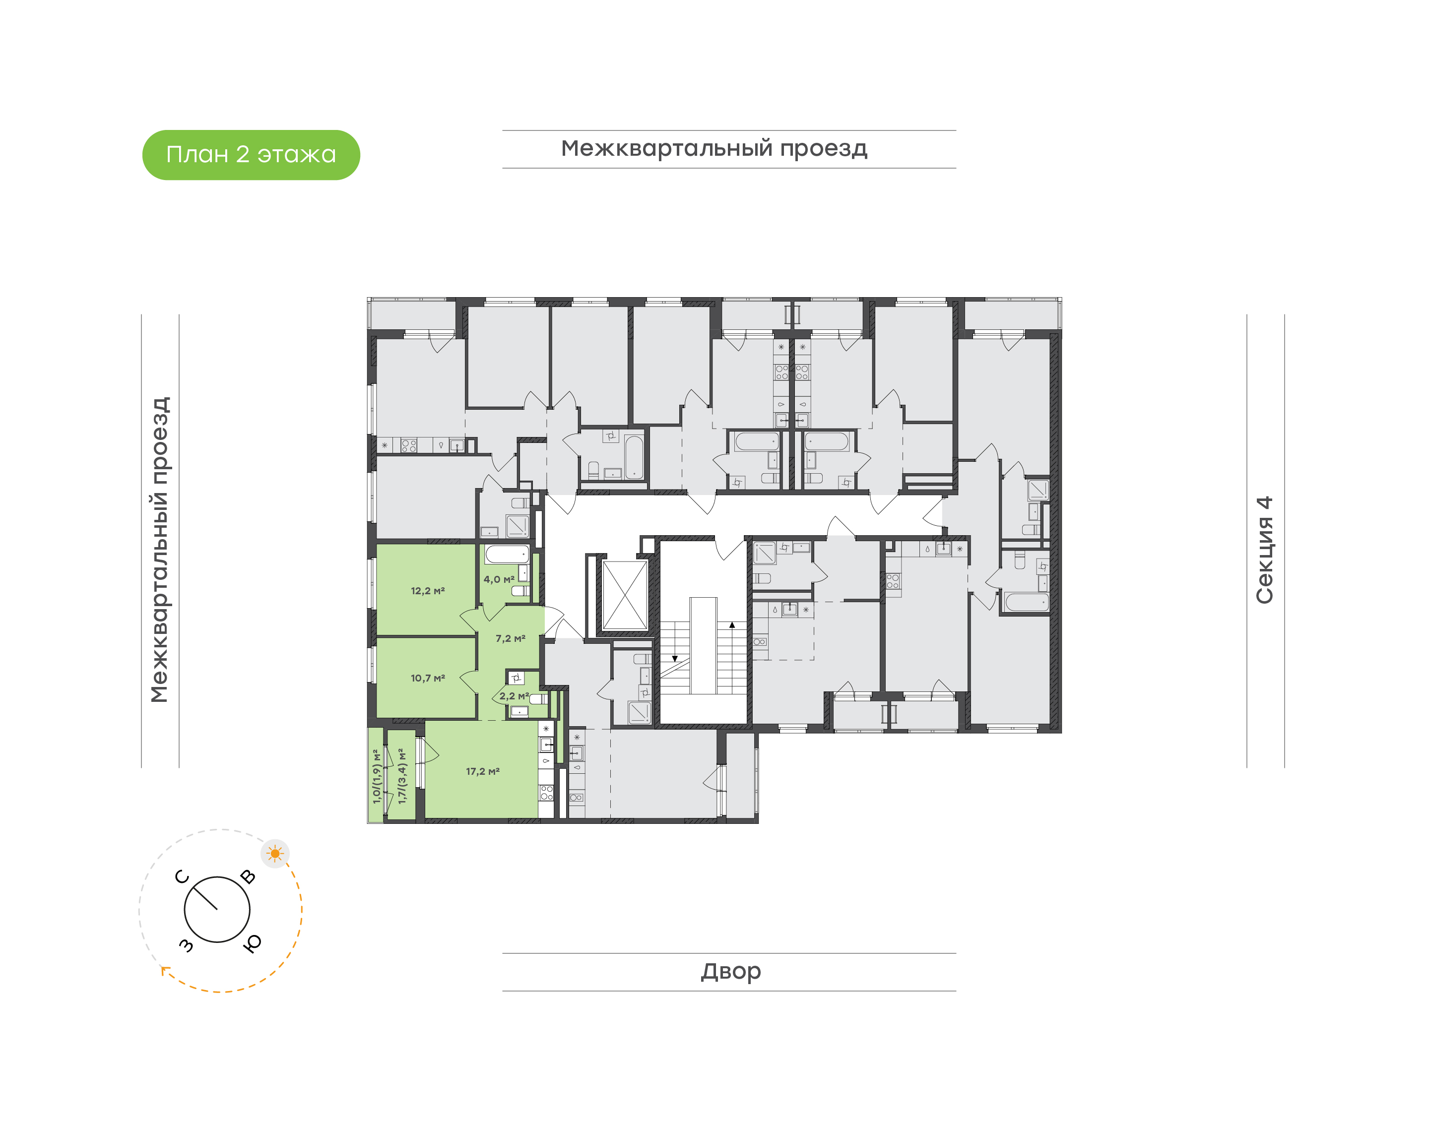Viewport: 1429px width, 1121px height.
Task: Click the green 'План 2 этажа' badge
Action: (251, 155)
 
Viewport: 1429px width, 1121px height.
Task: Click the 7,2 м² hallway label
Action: (511, 638)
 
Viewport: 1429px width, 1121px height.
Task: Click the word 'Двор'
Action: (730, 971)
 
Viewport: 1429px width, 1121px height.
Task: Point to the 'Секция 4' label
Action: (1264, 550)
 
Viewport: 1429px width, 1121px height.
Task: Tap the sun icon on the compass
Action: (275, 853)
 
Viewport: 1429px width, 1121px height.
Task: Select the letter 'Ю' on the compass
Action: (252, 943)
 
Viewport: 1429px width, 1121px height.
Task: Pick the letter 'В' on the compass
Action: (248, 876)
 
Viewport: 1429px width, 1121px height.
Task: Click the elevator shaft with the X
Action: (625, 595)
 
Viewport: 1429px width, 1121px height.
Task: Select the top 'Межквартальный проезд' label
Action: (714, 149)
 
